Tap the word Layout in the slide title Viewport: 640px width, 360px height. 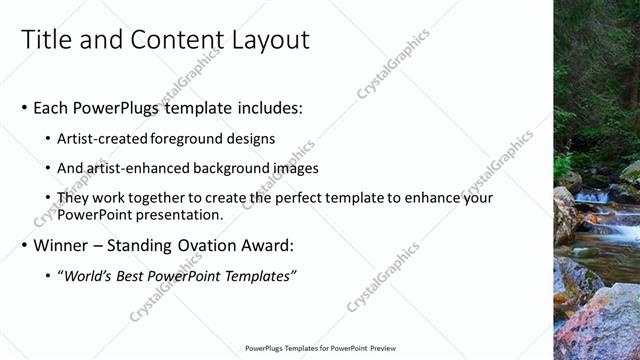(x=271, y=39)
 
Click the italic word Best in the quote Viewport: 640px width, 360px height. (x=134, y=275)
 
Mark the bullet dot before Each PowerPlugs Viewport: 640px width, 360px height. (x=24, y=108)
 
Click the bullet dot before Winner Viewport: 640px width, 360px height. (x=24, y=245)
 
